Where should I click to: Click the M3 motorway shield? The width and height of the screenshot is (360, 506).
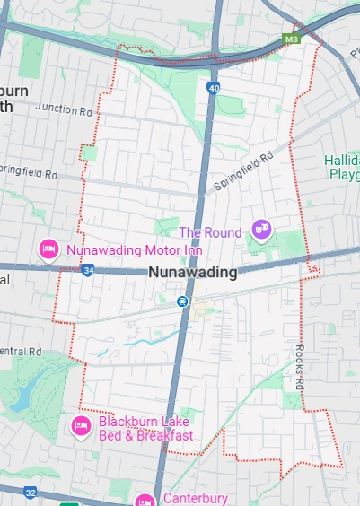coord(290,39)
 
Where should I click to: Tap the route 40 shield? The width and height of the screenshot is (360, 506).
coord(213,88)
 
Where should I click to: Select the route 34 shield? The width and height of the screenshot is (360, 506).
coord(87,269)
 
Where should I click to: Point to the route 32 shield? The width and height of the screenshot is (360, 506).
coord(31,493)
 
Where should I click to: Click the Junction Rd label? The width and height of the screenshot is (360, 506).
coord(64,111)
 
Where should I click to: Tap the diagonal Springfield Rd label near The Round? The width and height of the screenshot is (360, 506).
coord(243,173)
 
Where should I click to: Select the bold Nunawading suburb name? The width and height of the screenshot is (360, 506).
coord(192,272)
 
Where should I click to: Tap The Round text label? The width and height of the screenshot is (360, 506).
coord(215,233)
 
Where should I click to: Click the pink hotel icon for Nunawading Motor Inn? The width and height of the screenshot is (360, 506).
coord(48,249)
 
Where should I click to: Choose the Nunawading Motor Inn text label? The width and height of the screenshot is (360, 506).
coord(135,249)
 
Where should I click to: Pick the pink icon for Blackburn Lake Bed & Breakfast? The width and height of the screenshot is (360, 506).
coord(80,424)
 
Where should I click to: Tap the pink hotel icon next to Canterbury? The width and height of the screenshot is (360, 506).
coord(145,500)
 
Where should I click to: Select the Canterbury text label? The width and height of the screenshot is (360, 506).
coord(195,499)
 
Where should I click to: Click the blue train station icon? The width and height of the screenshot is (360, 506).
coord(182,302)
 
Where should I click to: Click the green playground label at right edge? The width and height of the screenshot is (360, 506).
coord(342,167)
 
